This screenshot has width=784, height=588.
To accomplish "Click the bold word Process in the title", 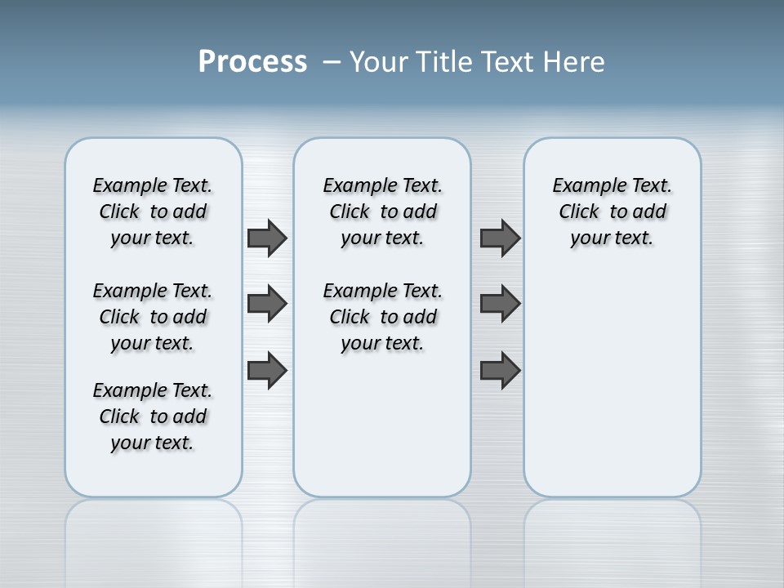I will (252, 62).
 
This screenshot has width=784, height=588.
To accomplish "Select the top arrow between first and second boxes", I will (267, 238).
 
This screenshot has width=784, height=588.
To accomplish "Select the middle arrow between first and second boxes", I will (267, 304).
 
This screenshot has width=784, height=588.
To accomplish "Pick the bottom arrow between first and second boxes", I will (267, 370).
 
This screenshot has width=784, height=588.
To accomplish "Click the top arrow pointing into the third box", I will (500, 238).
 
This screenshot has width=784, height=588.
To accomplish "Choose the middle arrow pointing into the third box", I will (500, 304).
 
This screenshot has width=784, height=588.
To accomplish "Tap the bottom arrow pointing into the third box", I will (500, 370).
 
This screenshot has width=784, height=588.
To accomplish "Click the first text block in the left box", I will (153, 212).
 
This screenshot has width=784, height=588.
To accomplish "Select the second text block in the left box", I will (153, 317).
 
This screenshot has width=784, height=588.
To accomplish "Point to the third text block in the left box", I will (153, 416).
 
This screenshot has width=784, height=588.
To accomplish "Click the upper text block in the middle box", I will (382, 212).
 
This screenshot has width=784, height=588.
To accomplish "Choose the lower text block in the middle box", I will (382, 317).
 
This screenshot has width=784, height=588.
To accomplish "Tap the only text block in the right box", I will (612, 212).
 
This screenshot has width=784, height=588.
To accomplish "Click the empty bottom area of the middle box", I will (382, 425).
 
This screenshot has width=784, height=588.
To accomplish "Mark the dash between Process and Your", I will (332, 62).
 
